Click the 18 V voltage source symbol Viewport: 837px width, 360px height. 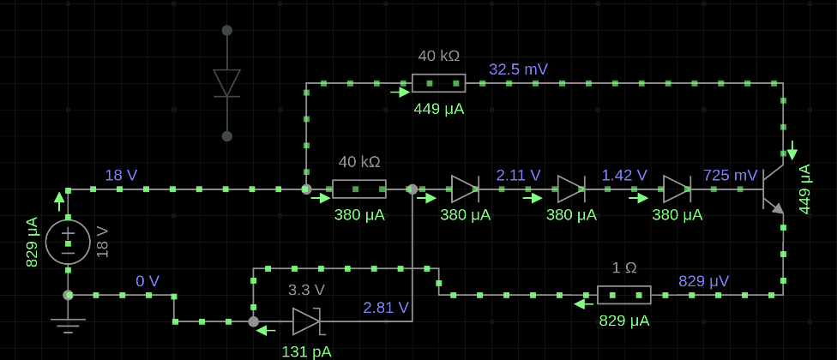point(68,243)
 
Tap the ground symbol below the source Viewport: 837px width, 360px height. point(68,325)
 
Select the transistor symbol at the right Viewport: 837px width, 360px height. point(772,189)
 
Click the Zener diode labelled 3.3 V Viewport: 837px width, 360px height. point(306,321)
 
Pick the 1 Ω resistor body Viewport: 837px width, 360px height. point(624,295)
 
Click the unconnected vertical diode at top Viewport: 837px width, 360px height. point(227,83)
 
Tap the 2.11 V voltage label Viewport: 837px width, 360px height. point(518,175)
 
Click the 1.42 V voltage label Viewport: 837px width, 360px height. point(624,175)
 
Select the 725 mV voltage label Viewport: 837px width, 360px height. point(731,175)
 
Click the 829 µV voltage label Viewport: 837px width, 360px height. point(703,281)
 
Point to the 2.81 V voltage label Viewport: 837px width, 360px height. point(386,308)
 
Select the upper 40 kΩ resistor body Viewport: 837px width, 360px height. point(439,83)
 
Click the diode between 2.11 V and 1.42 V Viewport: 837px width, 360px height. point(571,189)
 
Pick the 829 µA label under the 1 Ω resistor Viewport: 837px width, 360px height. point(624,321)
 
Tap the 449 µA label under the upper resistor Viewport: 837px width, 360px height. point(439,110)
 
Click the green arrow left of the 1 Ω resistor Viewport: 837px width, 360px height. point(583,304)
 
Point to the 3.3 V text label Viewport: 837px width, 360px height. point(306,291)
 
